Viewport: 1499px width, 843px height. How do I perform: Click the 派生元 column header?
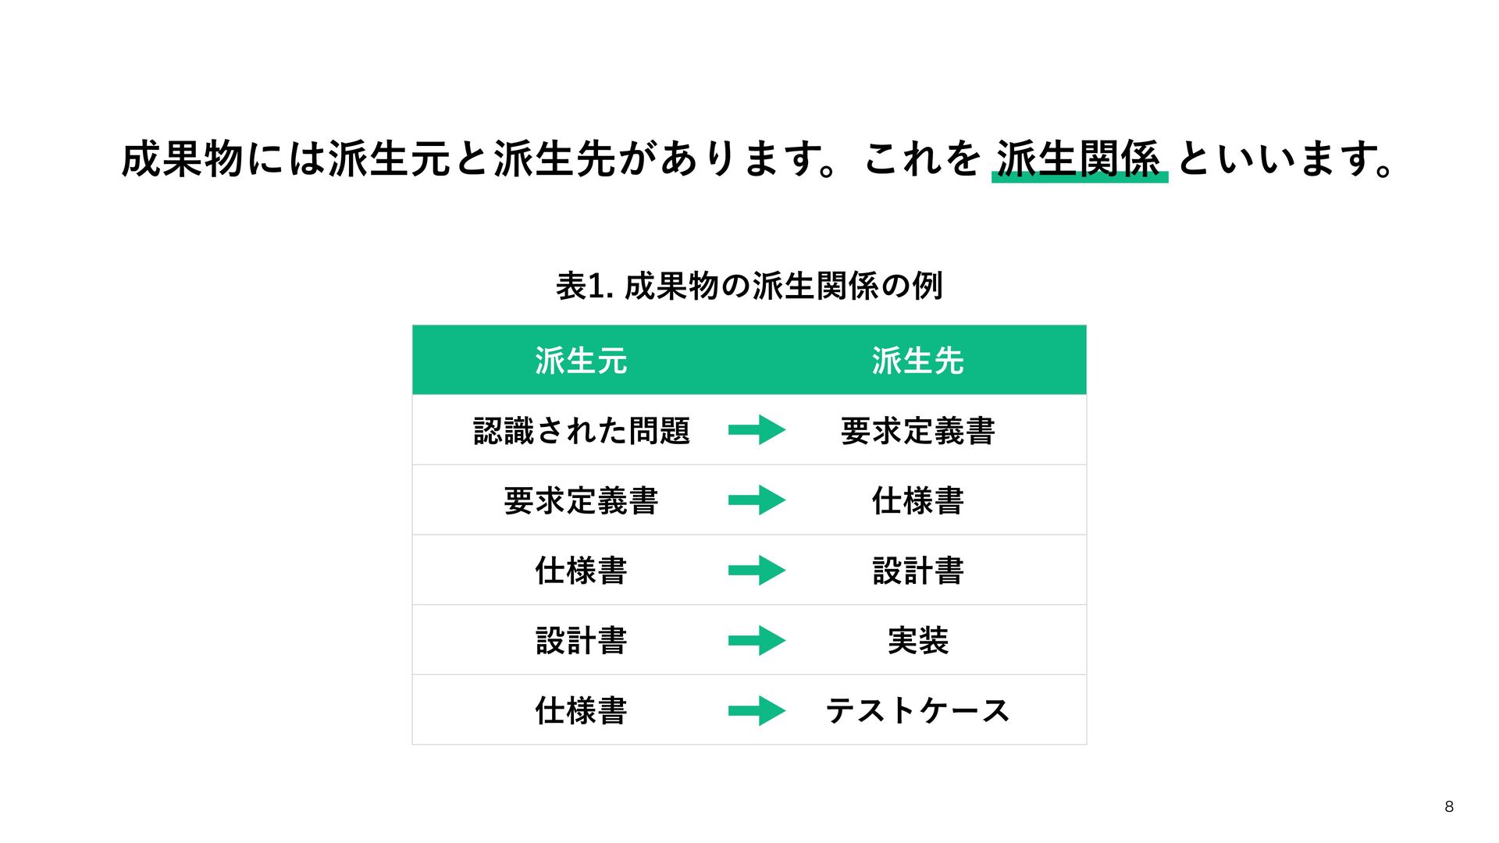581,361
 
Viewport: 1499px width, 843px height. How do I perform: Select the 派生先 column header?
917,361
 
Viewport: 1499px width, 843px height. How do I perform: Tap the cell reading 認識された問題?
582,431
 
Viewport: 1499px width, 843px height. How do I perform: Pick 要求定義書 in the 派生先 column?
917,431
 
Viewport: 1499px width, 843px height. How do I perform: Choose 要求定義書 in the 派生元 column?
581,500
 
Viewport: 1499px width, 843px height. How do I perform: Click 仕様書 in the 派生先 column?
917,500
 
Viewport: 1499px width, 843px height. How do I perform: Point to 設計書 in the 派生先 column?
917,571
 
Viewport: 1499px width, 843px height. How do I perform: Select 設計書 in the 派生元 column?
581,641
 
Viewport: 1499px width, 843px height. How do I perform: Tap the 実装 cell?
917,641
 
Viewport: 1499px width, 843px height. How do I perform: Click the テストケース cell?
917,710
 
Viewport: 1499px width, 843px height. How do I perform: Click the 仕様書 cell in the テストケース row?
581,710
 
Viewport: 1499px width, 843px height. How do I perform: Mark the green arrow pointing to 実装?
757,641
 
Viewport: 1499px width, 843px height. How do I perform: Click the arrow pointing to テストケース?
757,710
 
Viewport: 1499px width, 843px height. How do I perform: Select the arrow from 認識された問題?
757,430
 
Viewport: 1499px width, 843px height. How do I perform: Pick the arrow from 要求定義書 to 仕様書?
757,500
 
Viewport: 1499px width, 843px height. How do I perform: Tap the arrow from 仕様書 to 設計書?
757,571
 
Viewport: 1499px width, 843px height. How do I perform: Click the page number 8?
1449,807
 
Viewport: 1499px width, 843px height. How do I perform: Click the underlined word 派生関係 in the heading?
1079,158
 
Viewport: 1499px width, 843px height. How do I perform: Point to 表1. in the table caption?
584,286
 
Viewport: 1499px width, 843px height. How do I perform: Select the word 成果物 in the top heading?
183,158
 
